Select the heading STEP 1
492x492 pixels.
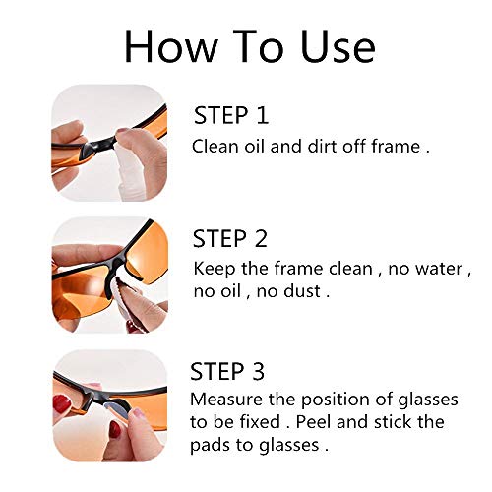click(x=230, y=116)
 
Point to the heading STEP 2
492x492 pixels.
click(x=231, y=239)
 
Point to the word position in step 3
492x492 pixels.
click(x=330, y=400)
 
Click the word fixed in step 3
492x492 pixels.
click(x=260, y=424)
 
